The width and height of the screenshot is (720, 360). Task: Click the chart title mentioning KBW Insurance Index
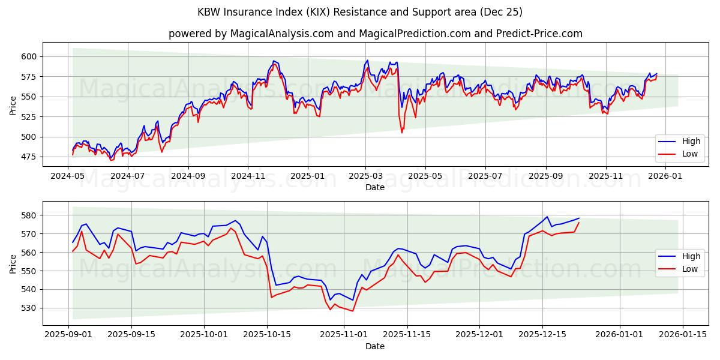[x=360, y=12]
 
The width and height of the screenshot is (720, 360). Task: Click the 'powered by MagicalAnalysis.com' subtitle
[x=375, y=34]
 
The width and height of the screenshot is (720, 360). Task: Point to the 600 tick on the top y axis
[x=29, y=56]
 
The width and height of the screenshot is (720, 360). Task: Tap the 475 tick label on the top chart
[x=29, y=157]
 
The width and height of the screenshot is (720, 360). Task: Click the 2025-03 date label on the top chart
[x=366, y=176]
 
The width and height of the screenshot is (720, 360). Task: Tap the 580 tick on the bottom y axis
[x=29, y=215]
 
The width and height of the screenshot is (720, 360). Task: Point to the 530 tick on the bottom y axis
[x=29, y=308]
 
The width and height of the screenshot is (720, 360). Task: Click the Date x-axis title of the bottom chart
[x=375, y=346]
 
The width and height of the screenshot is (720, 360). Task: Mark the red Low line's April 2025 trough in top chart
[x=402, y=132]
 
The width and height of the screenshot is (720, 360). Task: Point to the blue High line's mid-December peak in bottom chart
[x=547, y=217]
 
